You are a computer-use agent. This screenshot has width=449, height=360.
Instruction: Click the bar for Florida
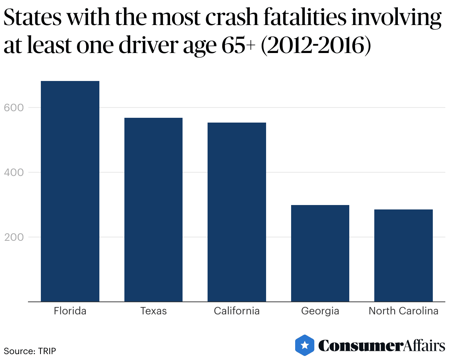point(70,191)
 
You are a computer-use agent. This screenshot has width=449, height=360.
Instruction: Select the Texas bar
point(153,210)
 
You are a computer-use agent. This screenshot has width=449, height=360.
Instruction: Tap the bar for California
point(237,212)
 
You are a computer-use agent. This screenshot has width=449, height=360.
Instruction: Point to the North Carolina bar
point(403,255)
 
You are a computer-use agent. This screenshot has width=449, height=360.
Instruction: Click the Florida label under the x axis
point(70,311)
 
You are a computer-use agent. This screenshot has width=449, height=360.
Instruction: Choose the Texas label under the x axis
point(153,311)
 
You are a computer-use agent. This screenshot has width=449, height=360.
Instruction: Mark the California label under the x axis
point(237,311)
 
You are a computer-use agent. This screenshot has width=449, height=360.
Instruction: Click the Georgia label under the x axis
point(320,311)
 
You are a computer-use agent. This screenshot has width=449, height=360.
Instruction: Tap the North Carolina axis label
point(403,311)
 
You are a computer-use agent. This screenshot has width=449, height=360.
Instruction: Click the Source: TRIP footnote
point(30,351)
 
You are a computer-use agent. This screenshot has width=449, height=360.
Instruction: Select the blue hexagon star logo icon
point(305,345)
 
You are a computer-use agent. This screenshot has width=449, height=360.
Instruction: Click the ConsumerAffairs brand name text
point(381,346)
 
